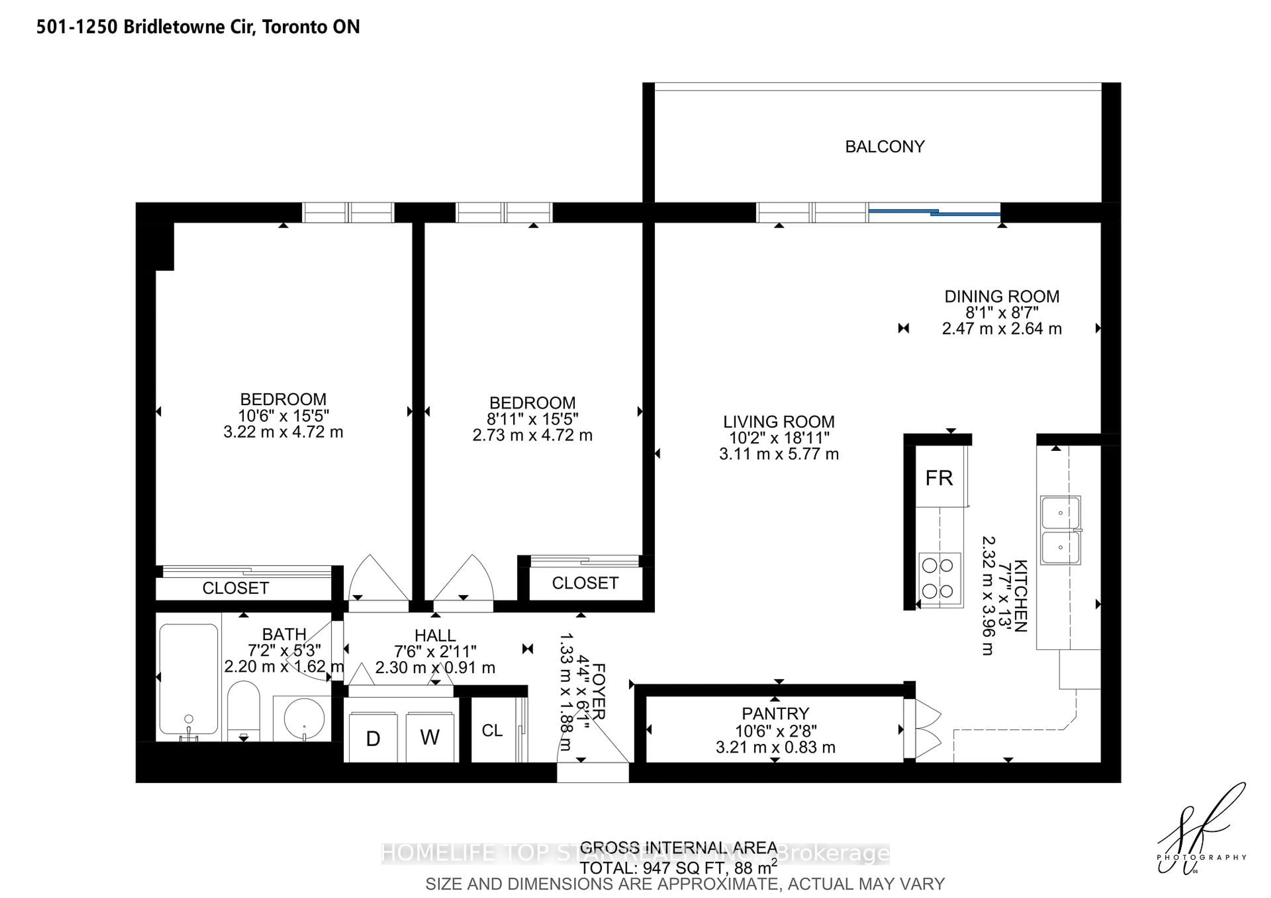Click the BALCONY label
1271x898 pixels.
click(884, 147)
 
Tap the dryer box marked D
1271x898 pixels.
click(373, 738)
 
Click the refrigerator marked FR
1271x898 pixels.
click(939, 477)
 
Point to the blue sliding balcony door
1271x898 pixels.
click(934, 212)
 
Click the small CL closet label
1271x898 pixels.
click(492, 730)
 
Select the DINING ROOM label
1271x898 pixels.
click(1002, 296)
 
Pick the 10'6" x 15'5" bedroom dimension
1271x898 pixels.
click(283, 416)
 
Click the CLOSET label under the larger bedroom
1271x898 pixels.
click(235, 588)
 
